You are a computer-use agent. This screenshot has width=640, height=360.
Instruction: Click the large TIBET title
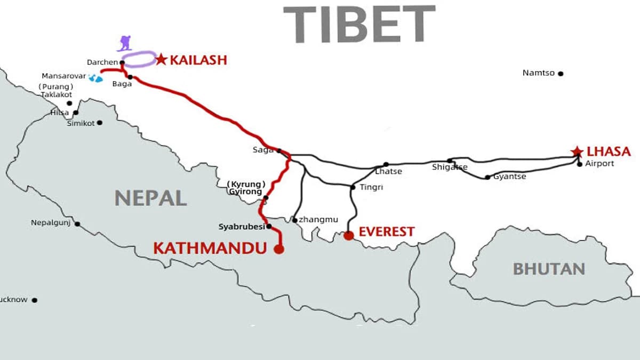(x=359, y=23)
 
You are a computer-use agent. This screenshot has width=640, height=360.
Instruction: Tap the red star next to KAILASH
(x=161, y=59)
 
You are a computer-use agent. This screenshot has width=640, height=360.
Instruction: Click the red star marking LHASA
(x=577, y=152)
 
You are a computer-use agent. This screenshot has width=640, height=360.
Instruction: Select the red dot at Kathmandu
(x=278, y=249)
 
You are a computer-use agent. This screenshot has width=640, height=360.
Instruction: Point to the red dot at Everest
(x=348, y=235)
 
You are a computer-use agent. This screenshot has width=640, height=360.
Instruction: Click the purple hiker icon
(x=125, y=43)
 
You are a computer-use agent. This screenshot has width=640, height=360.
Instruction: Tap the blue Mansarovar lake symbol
(x=95, y=78)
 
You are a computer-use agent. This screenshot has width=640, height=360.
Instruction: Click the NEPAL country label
(x=151, y=198)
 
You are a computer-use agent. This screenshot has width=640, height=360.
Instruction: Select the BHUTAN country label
(x=549, y=269)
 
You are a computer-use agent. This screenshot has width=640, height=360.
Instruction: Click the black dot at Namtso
(x=561, y=74)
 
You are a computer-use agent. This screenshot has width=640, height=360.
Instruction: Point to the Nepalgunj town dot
(x=77, y=224)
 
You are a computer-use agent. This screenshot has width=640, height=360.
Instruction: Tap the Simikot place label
(x=81, y=123)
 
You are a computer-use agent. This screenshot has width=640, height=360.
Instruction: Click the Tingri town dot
(x=353, y=187)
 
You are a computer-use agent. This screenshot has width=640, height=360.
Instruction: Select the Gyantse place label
(x=509, y=177)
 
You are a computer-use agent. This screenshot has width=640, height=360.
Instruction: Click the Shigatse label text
(x=450, y=167)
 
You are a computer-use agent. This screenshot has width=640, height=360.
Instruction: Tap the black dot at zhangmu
(x=295, y=220)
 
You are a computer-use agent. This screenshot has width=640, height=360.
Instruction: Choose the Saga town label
(x=263, y=150)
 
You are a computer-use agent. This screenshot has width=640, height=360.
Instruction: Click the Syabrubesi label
(x=242, y=227)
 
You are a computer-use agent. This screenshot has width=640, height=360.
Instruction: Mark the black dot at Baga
(x=130, y=77)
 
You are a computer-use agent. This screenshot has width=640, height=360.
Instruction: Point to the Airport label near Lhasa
(x=599, y=164)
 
